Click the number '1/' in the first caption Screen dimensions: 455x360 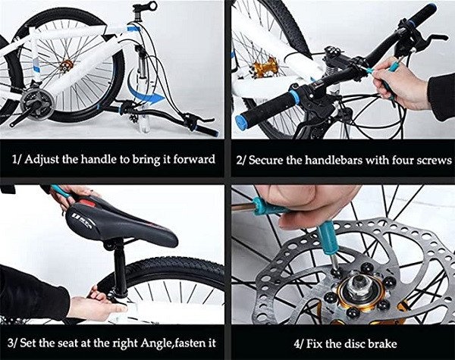[x=17, y=160]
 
